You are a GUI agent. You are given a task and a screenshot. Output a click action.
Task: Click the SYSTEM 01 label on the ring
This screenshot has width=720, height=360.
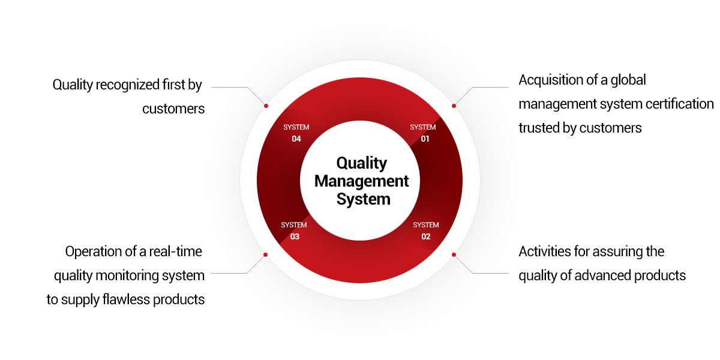pos(423,133)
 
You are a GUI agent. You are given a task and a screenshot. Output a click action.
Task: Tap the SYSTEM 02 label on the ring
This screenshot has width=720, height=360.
pos(425,231)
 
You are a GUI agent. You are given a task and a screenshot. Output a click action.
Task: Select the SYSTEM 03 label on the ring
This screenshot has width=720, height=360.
pos(294,231)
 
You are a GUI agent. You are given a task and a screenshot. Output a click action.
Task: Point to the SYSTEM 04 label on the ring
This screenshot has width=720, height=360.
pos(296,133)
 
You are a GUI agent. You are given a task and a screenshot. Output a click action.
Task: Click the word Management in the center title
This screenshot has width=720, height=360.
pos(362,181)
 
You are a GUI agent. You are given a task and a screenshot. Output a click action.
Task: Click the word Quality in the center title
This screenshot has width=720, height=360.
pos(362,163)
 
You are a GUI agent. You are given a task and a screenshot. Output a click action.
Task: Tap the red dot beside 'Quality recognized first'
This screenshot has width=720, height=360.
pos(266,106)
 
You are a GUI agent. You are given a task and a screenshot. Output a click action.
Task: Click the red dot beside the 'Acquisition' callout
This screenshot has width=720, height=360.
pos(454,106)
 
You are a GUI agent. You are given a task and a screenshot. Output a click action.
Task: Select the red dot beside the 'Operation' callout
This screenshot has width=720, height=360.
pos(266,254)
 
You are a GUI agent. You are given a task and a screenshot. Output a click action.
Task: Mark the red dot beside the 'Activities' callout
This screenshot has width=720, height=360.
pos(454,254)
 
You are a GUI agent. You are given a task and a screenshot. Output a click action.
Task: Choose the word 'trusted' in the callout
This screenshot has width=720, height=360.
pos(539,128)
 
